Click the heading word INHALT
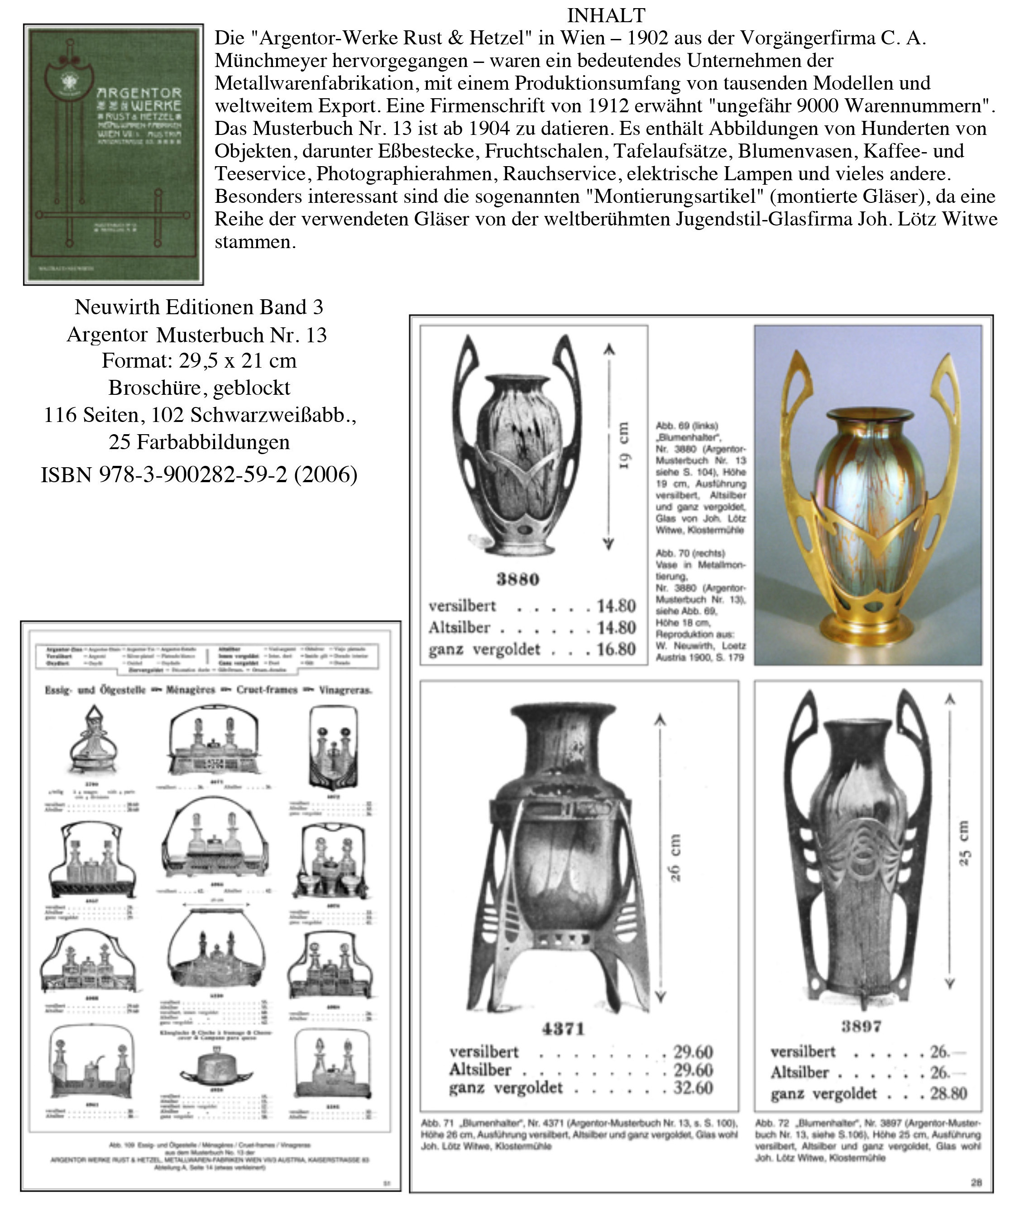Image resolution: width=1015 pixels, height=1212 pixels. click(606, 14)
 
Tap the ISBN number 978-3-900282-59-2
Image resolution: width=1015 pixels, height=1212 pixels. click(193, 474)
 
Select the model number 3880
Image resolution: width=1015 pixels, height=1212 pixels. click(517, 580)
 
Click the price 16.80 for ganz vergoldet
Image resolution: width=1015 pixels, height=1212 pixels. click(616, 649)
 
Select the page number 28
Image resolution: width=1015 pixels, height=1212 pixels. click(976, 1183)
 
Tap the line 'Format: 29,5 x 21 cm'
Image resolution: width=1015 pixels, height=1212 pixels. click(199, 361)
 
